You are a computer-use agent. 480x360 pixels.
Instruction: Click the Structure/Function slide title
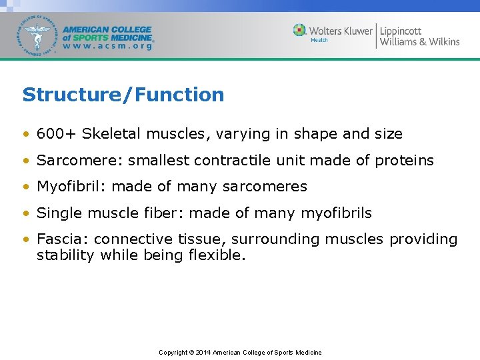[x=123, y=95]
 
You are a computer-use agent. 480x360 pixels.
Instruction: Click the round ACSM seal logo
[x=39, y=34]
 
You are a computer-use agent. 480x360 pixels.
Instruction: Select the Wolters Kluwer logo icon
[x=300, y=30]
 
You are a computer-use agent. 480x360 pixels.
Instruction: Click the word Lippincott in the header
[x=401, y=30]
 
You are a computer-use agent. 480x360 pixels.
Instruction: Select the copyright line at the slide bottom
[x=240, y=352]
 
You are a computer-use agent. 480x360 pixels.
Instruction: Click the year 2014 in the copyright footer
[x=203, y=352]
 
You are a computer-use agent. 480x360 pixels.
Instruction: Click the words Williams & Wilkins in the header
[x=419, y=42]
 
